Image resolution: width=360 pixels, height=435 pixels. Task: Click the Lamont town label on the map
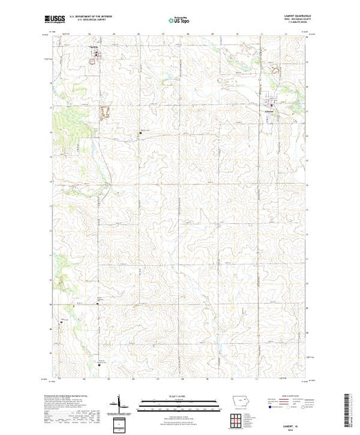click(x=271, y=113)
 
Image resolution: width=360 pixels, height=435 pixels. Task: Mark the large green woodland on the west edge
click(x=63, y=122)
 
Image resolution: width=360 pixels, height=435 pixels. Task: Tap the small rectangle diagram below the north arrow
click(x=122, y=422)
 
